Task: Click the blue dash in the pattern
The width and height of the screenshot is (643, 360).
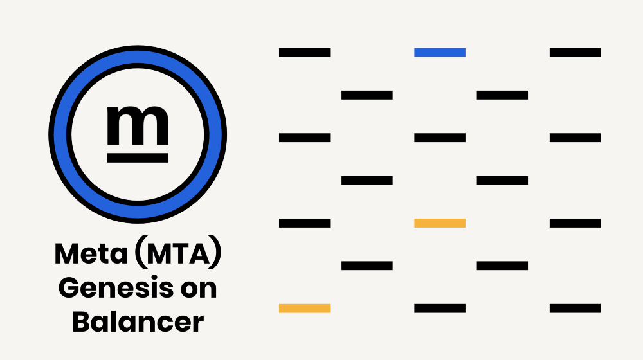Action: click(440, 52)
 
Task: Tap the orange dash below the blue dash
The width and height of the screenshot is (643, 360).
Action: click(440, 223)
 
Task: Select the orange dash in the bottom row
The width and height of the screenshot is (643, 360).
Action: click(304, 308)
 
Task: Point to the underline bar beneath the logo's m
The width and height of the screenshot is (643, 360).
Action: click(138, 157)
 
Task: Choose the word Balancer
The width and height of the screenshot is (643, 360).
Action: click(138, 321)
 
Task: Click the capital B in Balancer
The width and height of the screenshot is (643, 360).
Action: click(81, 321)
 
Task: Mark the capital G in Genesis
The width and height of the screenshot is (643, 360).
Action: click(69, 288)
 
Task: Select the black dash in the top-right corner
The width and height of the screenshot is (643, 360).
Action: click(575, 52)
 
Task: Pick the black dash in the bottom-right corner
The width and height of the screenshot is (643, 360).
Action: click(575, 308)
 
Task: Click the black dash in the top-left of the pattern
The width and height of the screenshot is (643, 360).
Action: click(304, 52)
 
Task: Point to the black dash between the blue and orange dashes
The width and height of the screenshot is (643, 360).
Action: click(440, 138)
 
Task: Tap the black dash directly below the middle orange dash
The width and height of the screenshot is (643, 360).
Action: click(440, 308)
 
